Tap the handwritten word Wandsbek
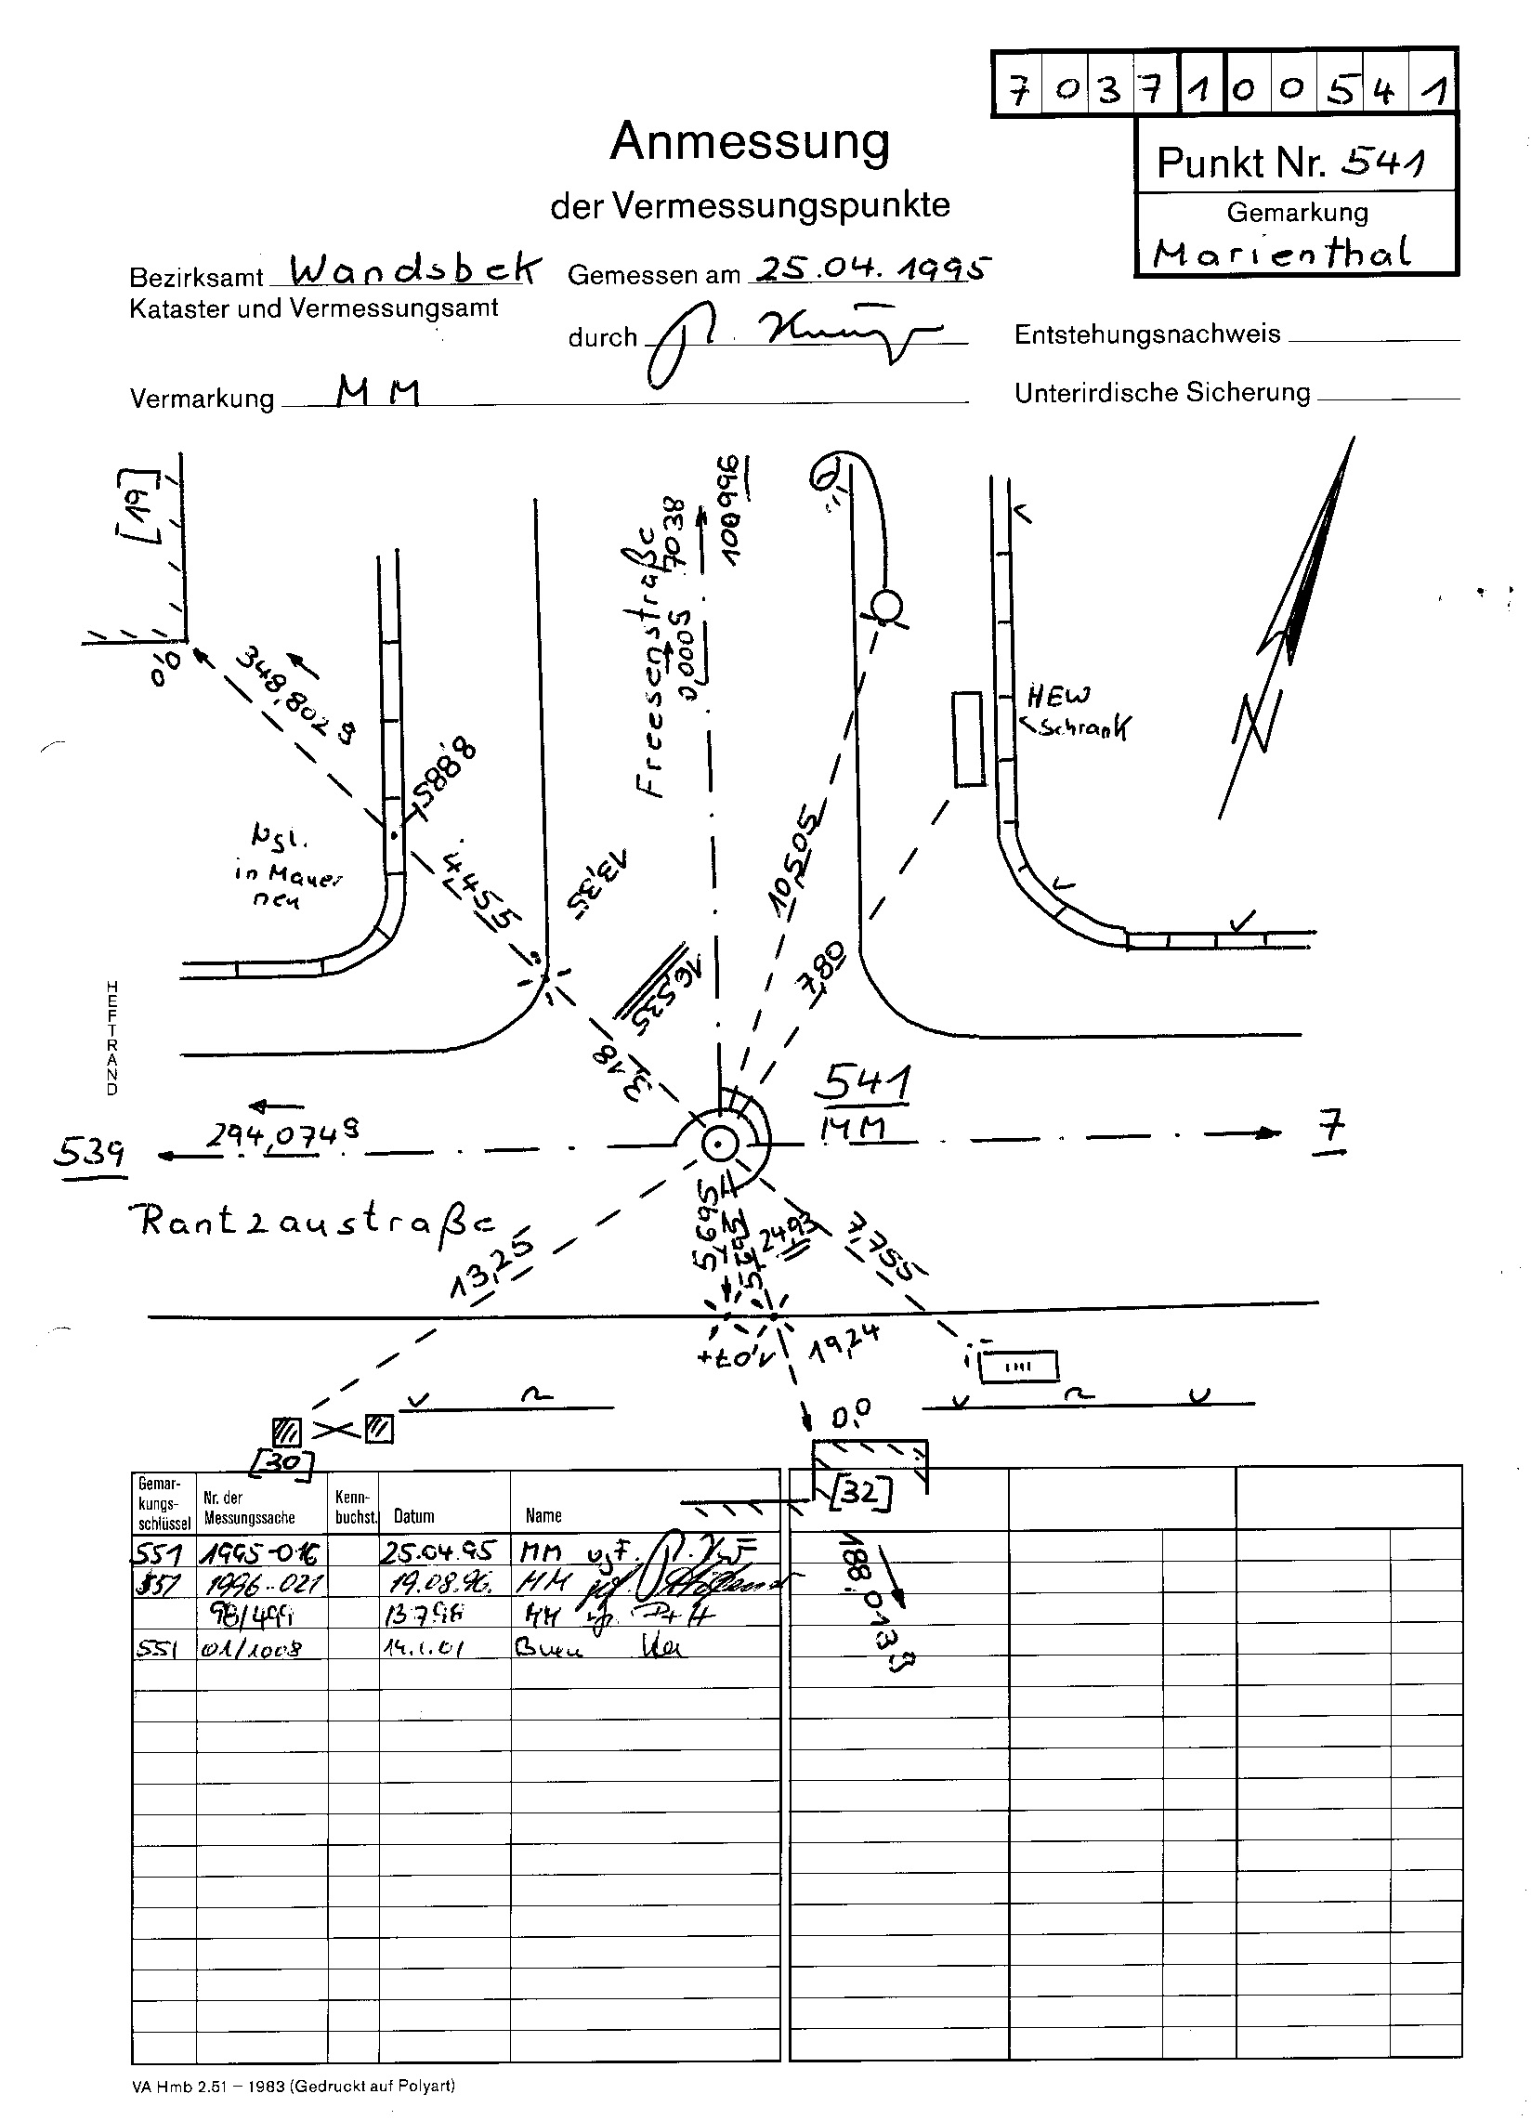tap(415, 270)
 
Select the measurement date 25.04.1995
tap(870, 269)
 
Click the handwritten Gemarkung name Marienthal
tap(1280, 252)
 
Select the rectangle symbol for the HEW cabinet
tap(968, 739)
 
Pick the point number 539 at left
tap(88, 1153)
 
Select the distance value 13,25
tap(491, 1268)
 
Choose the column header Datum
tap(414, 1516)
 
